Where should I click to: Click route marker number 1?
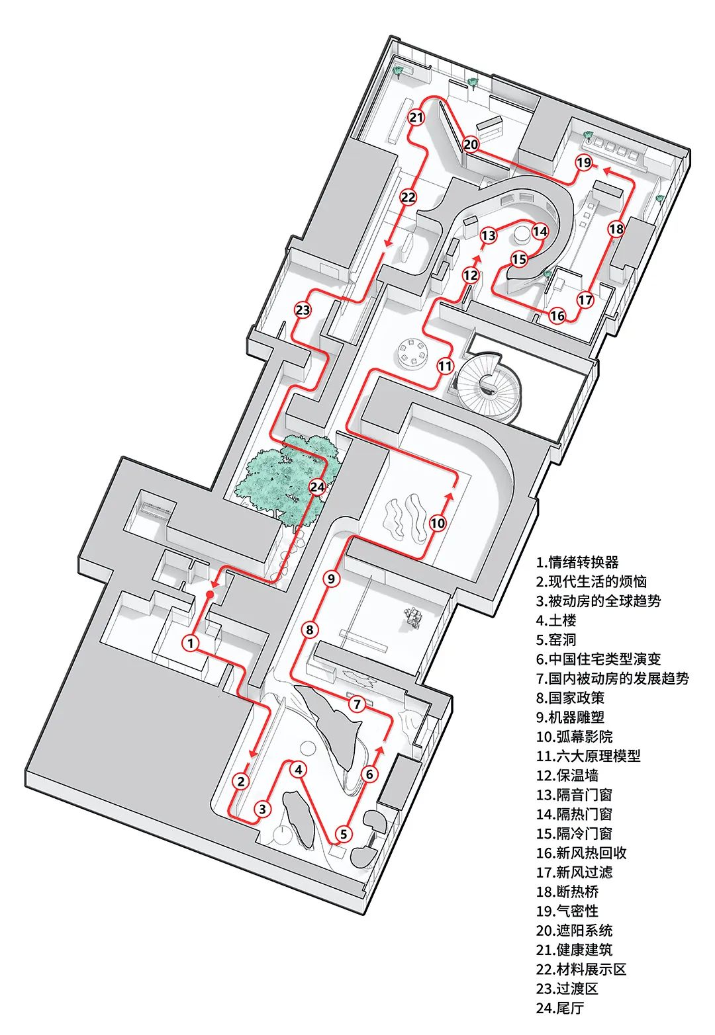[x=191, y=642]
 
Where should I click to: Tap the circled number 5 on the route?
[x=343, y=834]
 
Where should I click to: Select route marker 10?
[x=438, y=523]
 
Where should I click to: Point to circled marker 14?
[x=540, y=231]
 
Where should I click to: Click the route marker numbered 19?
[x=583, y=163]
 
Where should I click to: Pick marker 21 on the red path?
[x=416, y=118]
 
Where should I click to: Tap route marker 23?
[x=303, y=310]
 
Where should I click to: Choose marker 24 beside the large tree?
[x=318, y=487]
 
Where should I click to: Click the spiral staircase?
[x=489, y=384]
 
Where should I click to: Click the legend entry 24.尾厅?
[x=560, y=1008]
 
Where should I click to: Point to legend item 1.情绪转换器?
[x=577, y=562]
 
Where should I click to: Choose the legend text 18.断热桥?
[x=567, y=891]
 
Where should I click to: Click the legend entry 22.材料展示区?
[x=581, y=969]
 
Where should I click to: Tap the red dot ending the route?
[x=210, y=595]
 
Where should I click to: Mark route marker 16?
[x=557, y=315]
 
